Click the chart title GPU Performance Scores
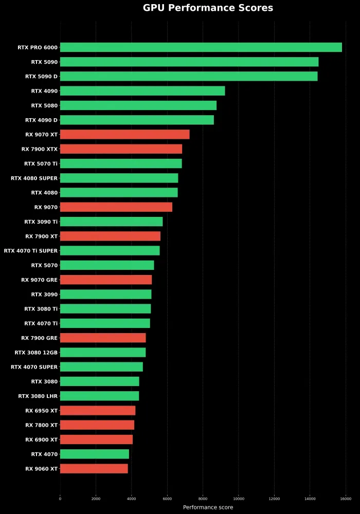(208, 8)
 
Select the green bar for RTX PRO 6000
(201, 47)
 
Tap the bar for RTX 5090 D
(189, 76)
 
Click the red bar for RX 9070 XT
(124, 134)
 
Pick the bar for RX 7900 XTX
(121, 149)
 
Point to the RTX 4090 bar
(142, 91)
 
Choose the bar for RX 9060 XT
(94, 469)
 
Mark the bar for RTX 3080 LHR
(99, 396)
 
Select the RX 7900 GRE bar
(103, 338)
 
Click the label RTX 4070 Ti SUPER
(31, 251)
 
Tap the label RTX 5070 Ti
(41, 163)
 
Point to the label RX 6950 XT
(41, 411)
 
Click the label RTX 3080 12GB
(36, 353)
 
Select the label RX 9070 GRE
(39, 280)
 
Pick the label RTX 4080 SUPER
(34, 178)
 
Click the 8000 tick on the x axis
(203, 498)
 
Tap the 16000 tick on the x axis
(346, 498)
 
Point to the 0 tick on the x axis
(60, 498)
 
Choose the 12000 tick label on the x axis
(274, 498)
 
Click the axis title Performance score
(208, 507)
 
